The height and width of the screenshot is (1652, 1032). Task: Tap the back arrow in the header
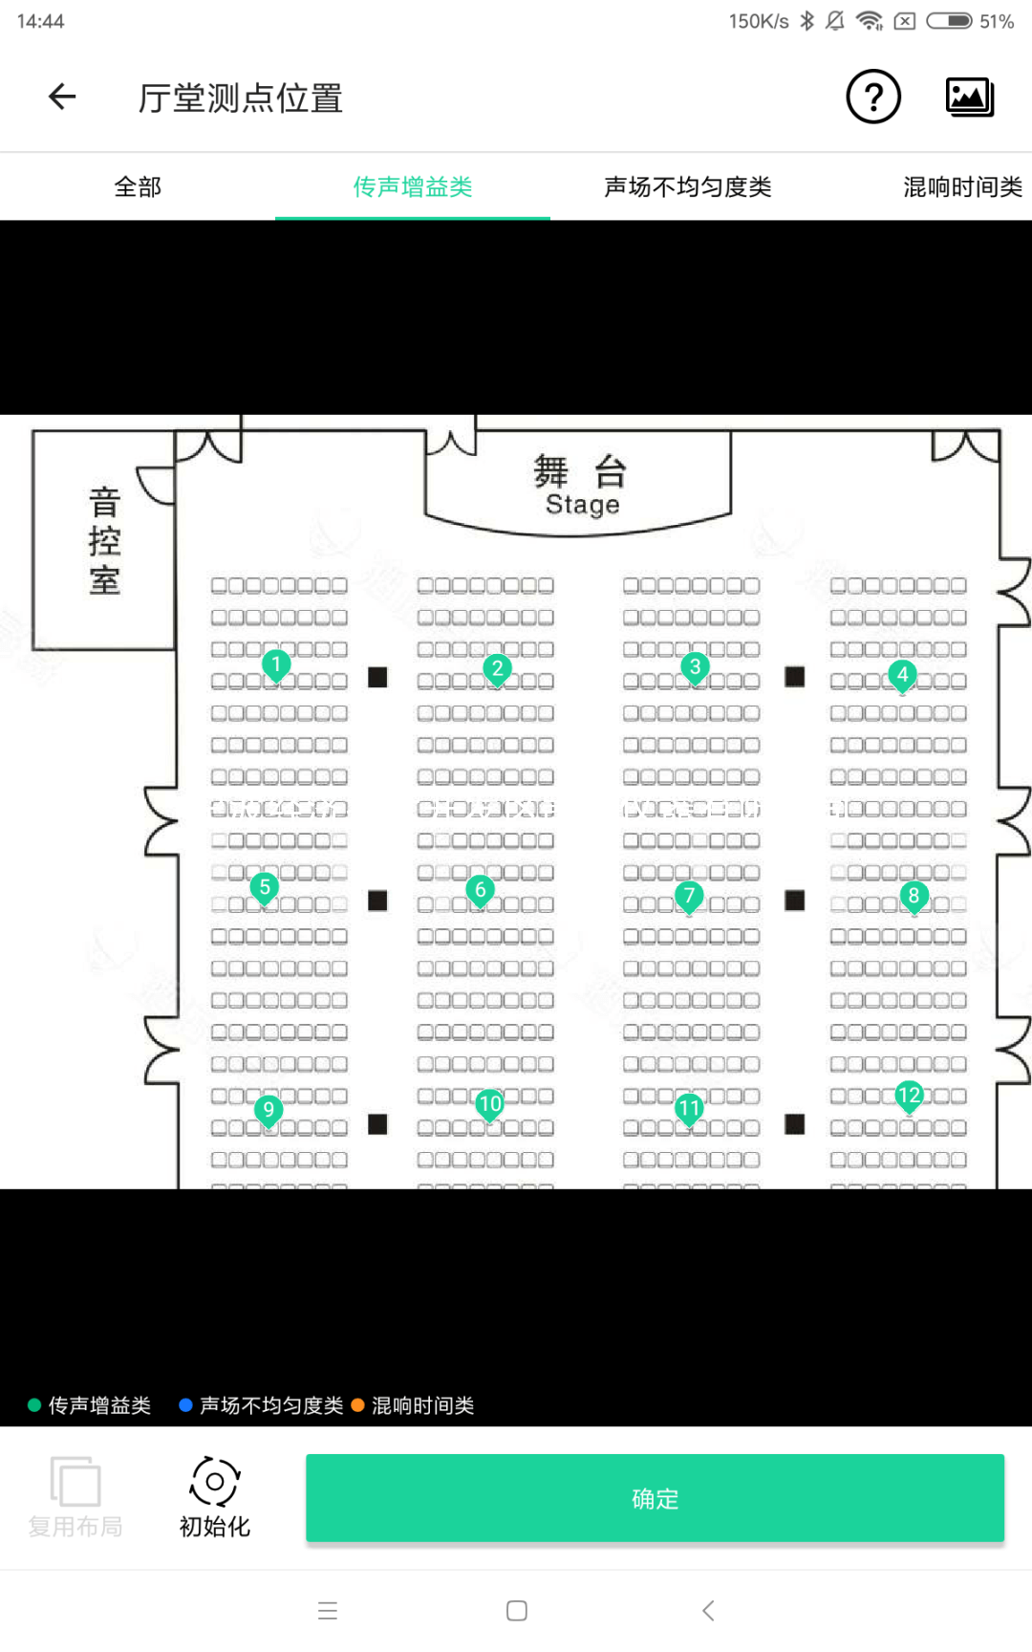tap(63, 97)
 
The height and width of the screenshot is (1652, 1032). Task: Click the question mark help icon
tap(873, 97)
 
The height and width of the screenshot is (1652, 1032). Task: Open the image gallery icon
tap(970, 97)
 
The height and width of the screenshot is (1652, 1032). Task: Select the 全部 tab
tap(138, 187)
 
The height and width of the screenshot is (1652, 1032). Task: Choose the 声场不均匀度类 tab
tap(687, 187)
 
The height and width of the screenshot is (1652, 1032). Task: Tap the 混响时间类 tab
tap(962, 187)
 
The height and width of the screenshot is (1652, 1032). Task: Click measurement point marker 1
tap(276, 664)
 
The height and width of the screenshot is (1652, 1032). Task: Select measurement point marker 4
tap(902, 675)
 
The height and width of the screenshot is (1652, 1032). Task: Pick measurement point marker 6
tap(481, 890)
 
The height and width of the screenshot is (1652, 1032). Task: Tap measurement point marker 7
tap(689, 897)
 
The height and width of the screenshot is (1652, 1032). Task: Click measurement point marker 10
tap(490, 1104)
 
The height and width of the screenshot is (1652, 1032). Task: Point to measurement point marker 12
tap(909, 1096)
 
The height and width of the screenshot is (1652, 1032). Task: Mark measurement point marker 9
tap(269, 1110)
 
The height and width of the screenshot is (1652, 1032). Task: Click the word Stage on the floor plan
tap(582, 505)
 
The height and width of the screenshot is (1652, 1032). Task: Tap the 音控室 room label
tap(104, 541)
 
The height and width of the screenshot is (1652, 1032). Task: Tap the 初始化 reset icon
tap(215, 1483)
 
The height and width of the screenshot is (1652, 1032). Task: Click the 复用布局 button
tap(75, 1496)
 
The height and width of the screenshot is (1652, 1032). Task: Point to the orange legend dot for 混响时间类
tap(358, 1405)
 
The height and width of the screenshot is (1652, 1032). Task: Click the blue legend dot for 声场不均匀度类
tap(186, 1405)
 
